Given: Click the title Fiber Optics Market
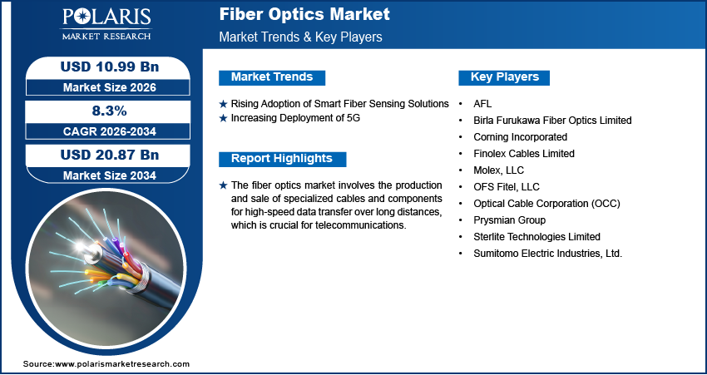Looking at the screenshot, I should [x=304, y=15].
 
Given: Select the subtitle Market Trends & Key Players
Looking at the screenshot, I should [x=300, y=37].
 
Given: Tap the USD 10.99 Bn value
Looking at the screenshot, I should [x=103, y=67].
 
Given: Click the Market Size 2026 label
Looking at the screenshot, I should [x=103, y=86].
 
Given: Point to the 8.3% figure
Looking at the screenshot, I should [x=103, y=111].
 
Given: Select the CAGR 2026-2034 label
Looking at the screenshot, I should [x=103, y=131].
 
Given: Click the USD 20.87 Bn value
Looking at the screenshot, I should [x=103, y=155].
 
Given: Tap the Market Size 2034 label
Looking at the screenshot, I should [x=103, y=175].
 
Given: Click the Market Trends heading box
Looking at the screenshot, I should [x=272, y=77].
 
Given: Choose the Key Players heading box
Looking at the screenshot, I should [x=505, y=77].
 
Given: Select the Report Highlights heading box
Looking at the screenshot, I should [x=282, y=159].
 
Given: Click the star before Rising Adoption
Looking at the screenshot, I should [x=223, y=104].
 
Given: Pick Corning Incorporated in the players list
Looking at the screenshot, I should [x=520, y=136].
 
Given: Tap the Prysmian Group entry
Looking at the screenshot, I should [x=509, y=220].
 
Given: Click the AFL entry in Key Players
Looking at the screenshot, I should [x=482, y=104].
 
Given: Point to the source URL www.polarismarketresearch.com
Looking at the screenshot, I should [x=122, y=364].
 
